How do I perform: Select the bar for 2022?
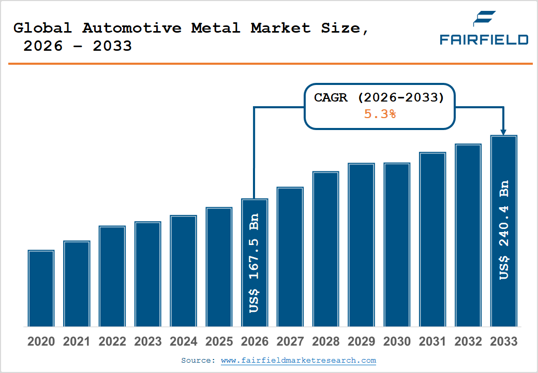point(112,276)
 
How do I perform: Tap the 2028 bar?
point(325,249)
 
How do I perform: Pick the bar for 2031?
point(432,239)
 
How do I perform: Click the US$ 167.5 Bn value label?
point(254,263)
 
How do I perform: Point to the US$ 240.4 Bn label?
point(504,231)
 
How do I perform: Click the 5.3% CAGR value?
point(380,114)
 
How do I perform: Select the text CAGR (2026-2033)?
point(379,97)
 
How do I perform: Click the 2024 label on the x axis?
point(184,342)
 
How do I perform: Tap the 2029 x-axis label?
point(361,342)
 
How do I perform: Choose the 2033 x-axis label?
point(503,342)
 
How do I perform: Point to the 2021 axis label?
point(77,342)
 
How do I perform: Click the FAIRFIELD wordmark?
point(484,39)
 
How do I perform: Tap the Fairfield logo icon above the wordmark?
point(484,19)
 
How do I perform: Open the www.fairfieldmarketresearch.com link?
point(298,361)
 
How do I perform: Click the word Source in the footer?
point(198,361)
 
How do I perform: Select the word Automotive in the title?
point(132,28)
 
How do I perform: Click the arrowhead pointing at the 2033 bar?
point(503,132)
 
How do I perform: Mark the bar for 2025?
point(219,267)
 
